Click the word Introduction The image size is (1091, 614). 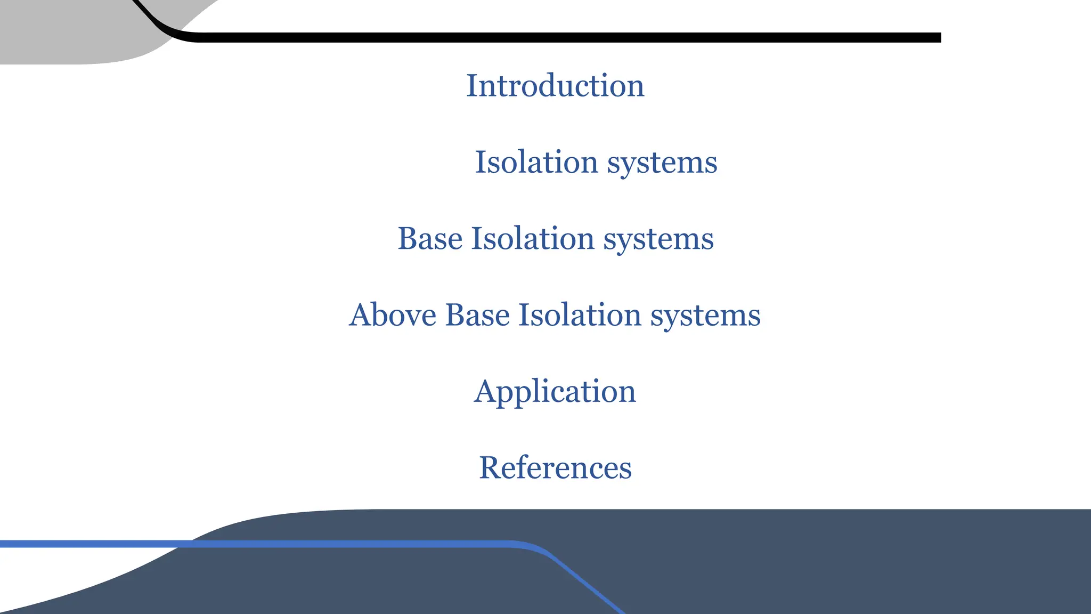tap(555, 86)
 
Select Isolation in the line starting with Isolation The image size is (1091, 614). tap(536, 162)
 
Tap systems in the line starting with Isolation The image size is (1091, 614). tap(662, 163)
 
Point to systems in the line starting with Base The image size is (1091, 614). tap(658, 239)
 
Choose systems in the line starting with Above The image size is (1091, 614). tap(705, 316)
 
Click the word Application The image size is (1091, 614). tap(555, 392)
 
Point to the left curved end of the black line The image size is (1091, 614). tap(160, 27)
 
